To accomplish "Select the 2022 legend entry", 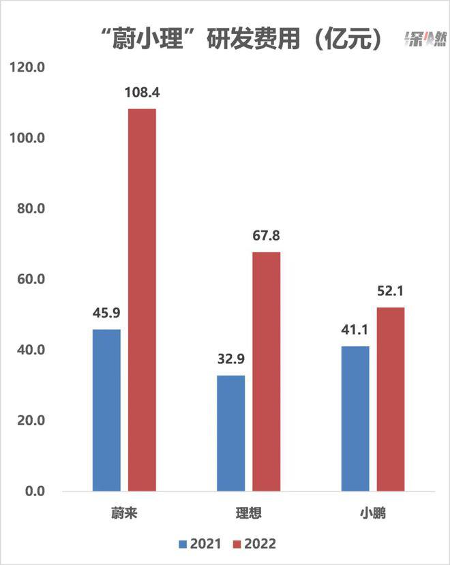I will point(255,544).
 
